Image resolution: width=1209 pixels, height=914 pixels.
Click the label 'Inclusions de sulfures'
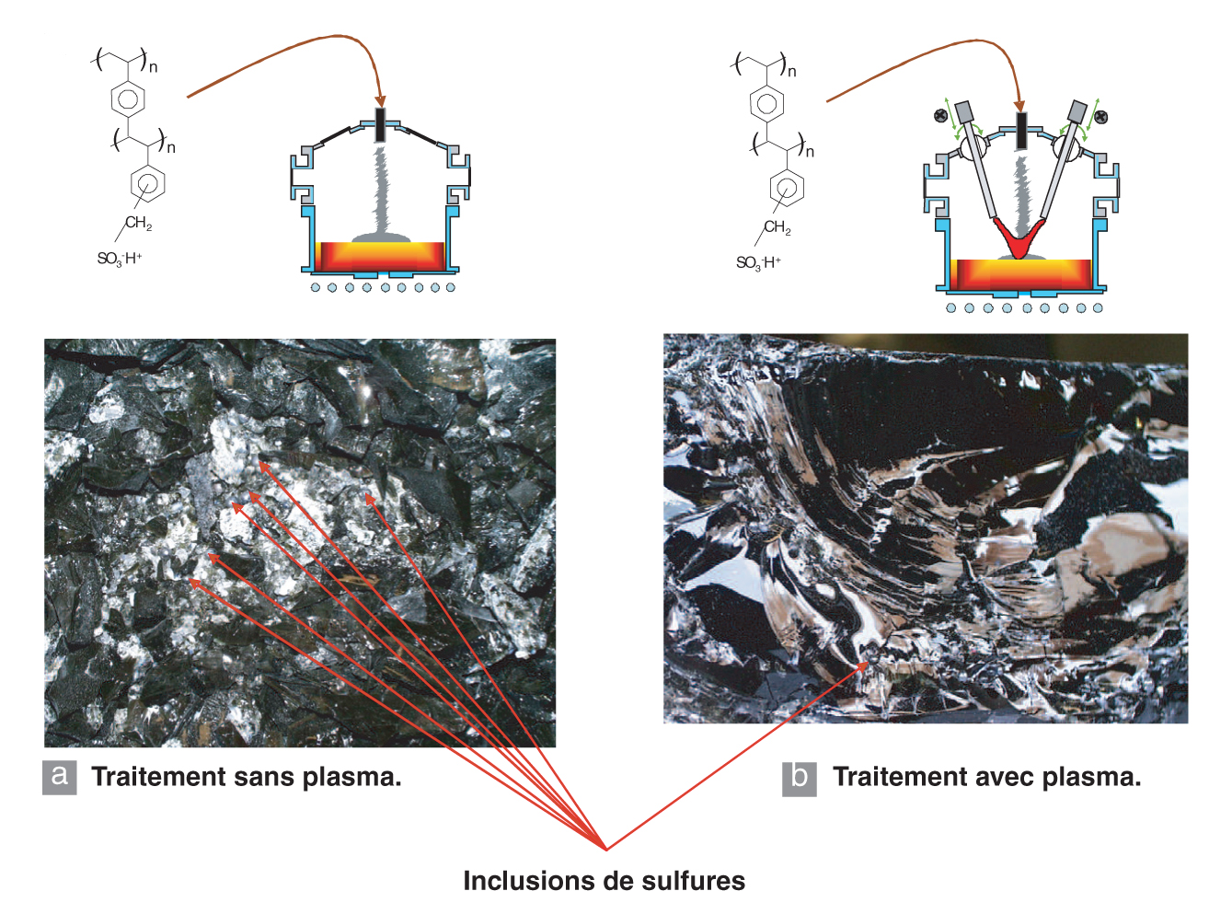click(604, 881)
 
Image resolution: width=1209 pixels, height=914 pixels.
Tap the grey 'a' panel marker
click(60, 776)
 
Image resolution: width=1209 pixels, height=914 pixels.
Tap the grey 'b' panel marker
click(799, 777)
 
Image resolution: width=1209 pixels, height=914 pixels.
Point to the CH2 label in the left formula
click(138, 223)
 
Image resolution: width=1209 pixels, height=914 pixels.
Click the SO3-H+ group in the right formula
click(758, 263)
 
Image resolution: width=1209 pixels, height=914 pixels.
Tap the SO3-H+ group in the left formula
click(120, 259)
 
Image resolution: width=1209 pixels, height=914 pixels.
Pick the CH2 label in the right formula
click(777, 227)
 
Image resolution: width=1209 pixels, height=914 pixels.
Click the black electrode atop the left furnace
click(380, 125)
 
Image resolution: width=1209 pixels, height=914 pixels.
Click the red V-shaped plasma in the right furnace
click(1019, 239)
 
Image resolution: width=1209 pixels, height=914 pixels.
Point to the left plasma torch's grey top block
click(964, 112)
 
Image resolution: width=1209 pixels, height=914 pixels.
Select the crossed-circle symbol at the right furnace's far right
click(1101, 116)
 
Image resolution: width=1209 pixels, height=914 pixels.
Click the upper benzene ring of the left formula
click(127, 97)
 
